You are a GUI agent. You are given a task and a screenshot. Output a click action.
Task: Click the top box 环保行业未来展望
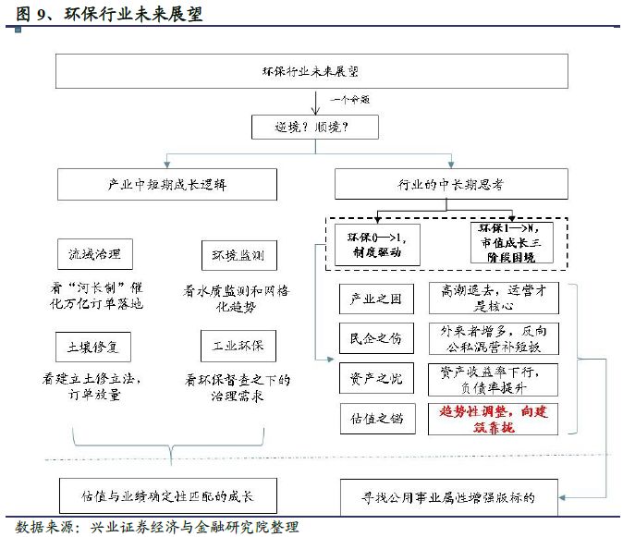coord(317,70)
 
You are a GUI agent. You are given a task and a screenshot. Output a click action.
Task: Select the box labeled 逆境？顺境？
coord(317,127)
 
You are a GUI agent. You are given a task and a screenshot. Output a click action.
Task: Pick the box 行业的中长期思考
coord(458,183)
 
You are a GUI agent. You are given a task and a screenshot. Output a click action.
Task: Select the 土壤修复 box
coord(94,345)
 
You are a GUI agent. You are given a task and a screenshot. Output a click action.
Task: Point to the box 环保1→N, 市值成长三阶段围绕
coord(513,242)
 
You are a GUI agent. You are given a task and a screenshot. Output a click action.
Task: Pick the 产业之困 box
coord(377,298)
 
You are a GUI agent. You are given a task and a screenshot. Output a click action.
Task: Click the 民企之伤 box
coord(377,338)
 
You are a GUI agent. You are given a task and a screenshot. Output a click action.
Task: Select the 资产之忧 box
coord(377,377)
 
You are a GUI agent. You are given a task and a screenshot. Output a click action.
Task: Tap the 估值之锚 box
coord(377,419)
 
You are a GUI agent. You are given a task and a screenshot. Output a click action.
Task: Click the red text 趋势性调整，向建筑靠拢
coord(497,419)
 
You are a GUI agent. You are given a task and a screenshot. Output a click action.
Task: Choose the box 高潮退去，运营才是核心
coord(497,298)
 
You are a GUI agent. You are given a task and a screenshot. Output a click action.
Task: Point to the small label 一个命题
coord(351,99)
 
